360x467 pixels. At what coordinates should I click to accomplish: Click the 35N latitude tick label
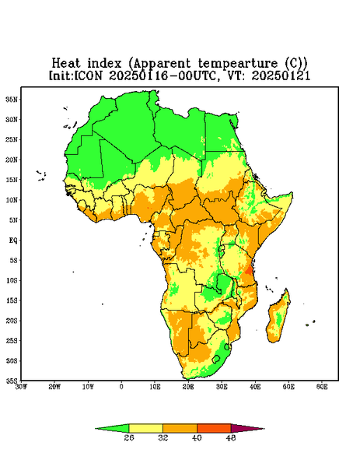point(12,99)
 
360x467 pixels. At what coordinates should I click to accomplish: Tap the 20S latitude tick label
point(12,321)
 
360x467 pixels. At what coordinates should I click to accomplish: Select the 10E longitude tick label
point(155,387)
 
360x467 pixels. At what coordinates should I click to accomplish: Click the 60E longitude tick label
point(322,387)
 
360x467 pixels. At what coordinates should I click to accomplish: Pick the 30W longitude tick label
point(21,387)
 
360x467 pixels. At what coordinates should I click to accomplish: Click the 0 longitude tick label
point(121,387)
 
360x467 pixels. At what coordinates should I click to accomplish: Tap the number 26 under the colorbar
point(129,437)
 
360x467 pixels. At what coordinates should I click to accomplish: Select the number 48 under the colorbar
point(231,437)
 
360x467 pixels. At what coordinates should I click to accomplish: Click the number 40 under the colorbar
point(197,437)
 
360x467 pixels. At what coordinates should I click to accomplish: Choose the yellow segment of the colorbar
point(145,428)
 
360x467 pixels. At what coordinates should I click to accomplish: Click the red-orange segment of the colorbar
point(214,428)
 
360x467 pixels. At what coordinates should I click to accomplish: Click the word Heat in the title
point(66,64)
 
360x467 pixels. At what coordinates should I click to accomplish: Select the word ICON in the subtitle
point(88,75)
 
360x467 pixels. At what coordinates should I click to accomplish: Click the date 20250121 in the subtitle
point(281,75)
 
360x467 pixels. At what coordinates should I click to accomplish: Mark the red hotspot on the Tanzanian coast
point(248,270)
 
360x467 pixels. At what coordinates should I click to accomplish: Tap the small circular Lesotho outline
point(216,359)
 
